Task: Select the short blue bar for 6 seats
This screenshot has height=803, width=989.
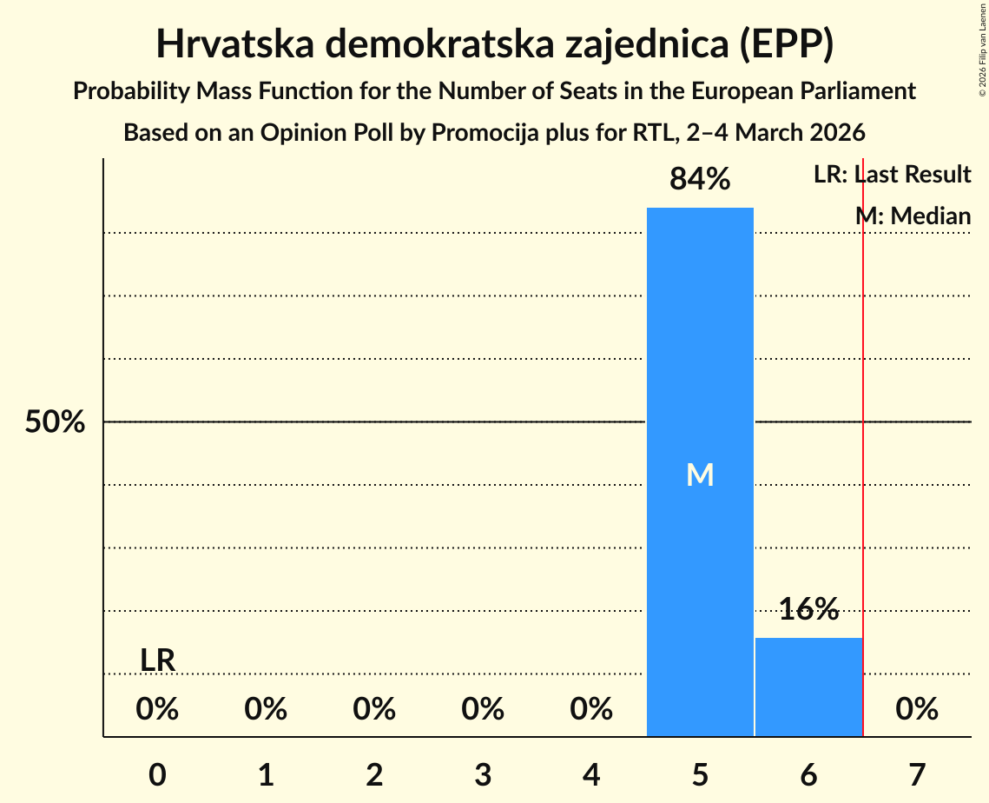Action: (x=808, y=687)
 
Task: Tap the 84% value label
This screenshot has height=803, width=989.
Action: (x=700, y=180)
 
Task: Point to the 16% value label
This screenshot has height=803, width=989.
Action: (x=808, y=609)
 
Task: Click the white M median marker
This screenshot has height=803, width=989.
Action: (x=700, y=474)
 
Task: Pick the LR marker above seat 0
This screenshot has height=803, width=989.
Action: (x=158, y=660)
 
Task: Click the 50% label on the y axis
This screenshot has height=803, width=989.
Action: (x=55, y=422)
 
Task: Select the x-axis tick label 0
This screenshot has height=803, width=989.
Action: (x=157, y=774)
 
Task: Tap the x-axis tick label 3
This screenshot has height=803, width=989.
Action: (x=483, y=774)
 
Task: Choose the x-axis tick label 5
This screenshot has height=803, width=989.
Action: (x=700, y=774)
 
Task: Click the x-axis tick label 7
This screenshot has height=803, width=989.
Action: (x=917, y=774)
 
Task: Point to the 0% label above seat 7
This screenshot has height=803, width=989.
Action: (x=917, y=710)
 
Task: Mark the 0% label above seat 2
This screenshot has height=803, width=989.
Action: (x=374, y=710)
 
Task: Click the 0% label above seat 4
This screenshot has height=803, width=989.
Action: (x=591, y=710)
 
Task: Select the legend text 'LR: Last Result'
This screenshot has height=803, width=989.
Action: (x=892, y=175)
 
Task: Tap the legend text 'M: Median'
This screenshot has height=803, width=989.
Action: (x=913, y=216)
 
